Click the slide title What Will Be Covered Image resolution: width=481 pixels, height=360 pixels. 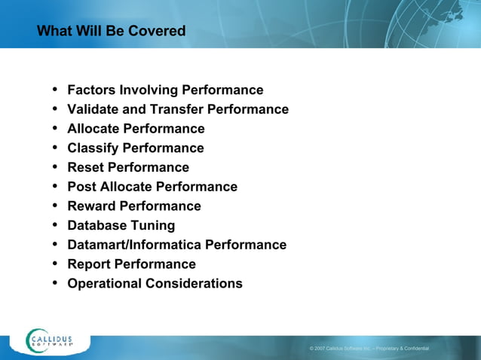pos(111,32)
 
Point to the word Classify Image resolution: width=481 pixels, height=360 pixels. pos(93,148)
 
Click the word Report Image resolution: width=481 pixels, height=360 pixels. pos(89,264)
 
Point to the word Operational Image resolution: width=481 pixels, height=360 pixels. pos(104,284)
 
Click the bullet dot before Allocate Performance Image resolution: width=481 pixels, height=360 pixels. pos(55,129)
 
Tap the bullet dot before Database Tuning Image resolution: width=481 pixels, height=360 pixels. pos(55,225)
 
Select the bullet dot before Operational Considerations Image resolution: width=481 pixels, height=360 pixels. pos(55,283)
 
